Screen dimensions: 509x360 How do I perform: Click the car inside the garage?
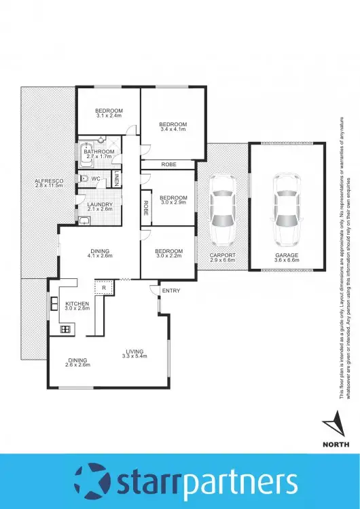tap(285, 211)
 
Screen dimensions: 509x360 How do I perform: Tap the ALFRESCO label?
tap(49, 181)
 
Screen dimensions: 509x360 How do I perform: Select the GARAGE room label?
tap(285, 256)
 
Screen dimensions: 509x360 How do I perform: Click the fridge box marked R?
tap(103, 288)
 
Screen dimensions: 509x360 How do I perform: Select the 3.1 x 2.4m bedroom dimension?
tap(108, 116)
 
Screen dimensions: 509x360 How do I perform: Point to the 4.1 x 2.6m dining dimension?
tap(99, 256)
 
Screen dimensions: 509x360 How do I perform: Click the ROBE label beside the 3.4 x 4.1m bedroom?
tap(168, 165)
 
